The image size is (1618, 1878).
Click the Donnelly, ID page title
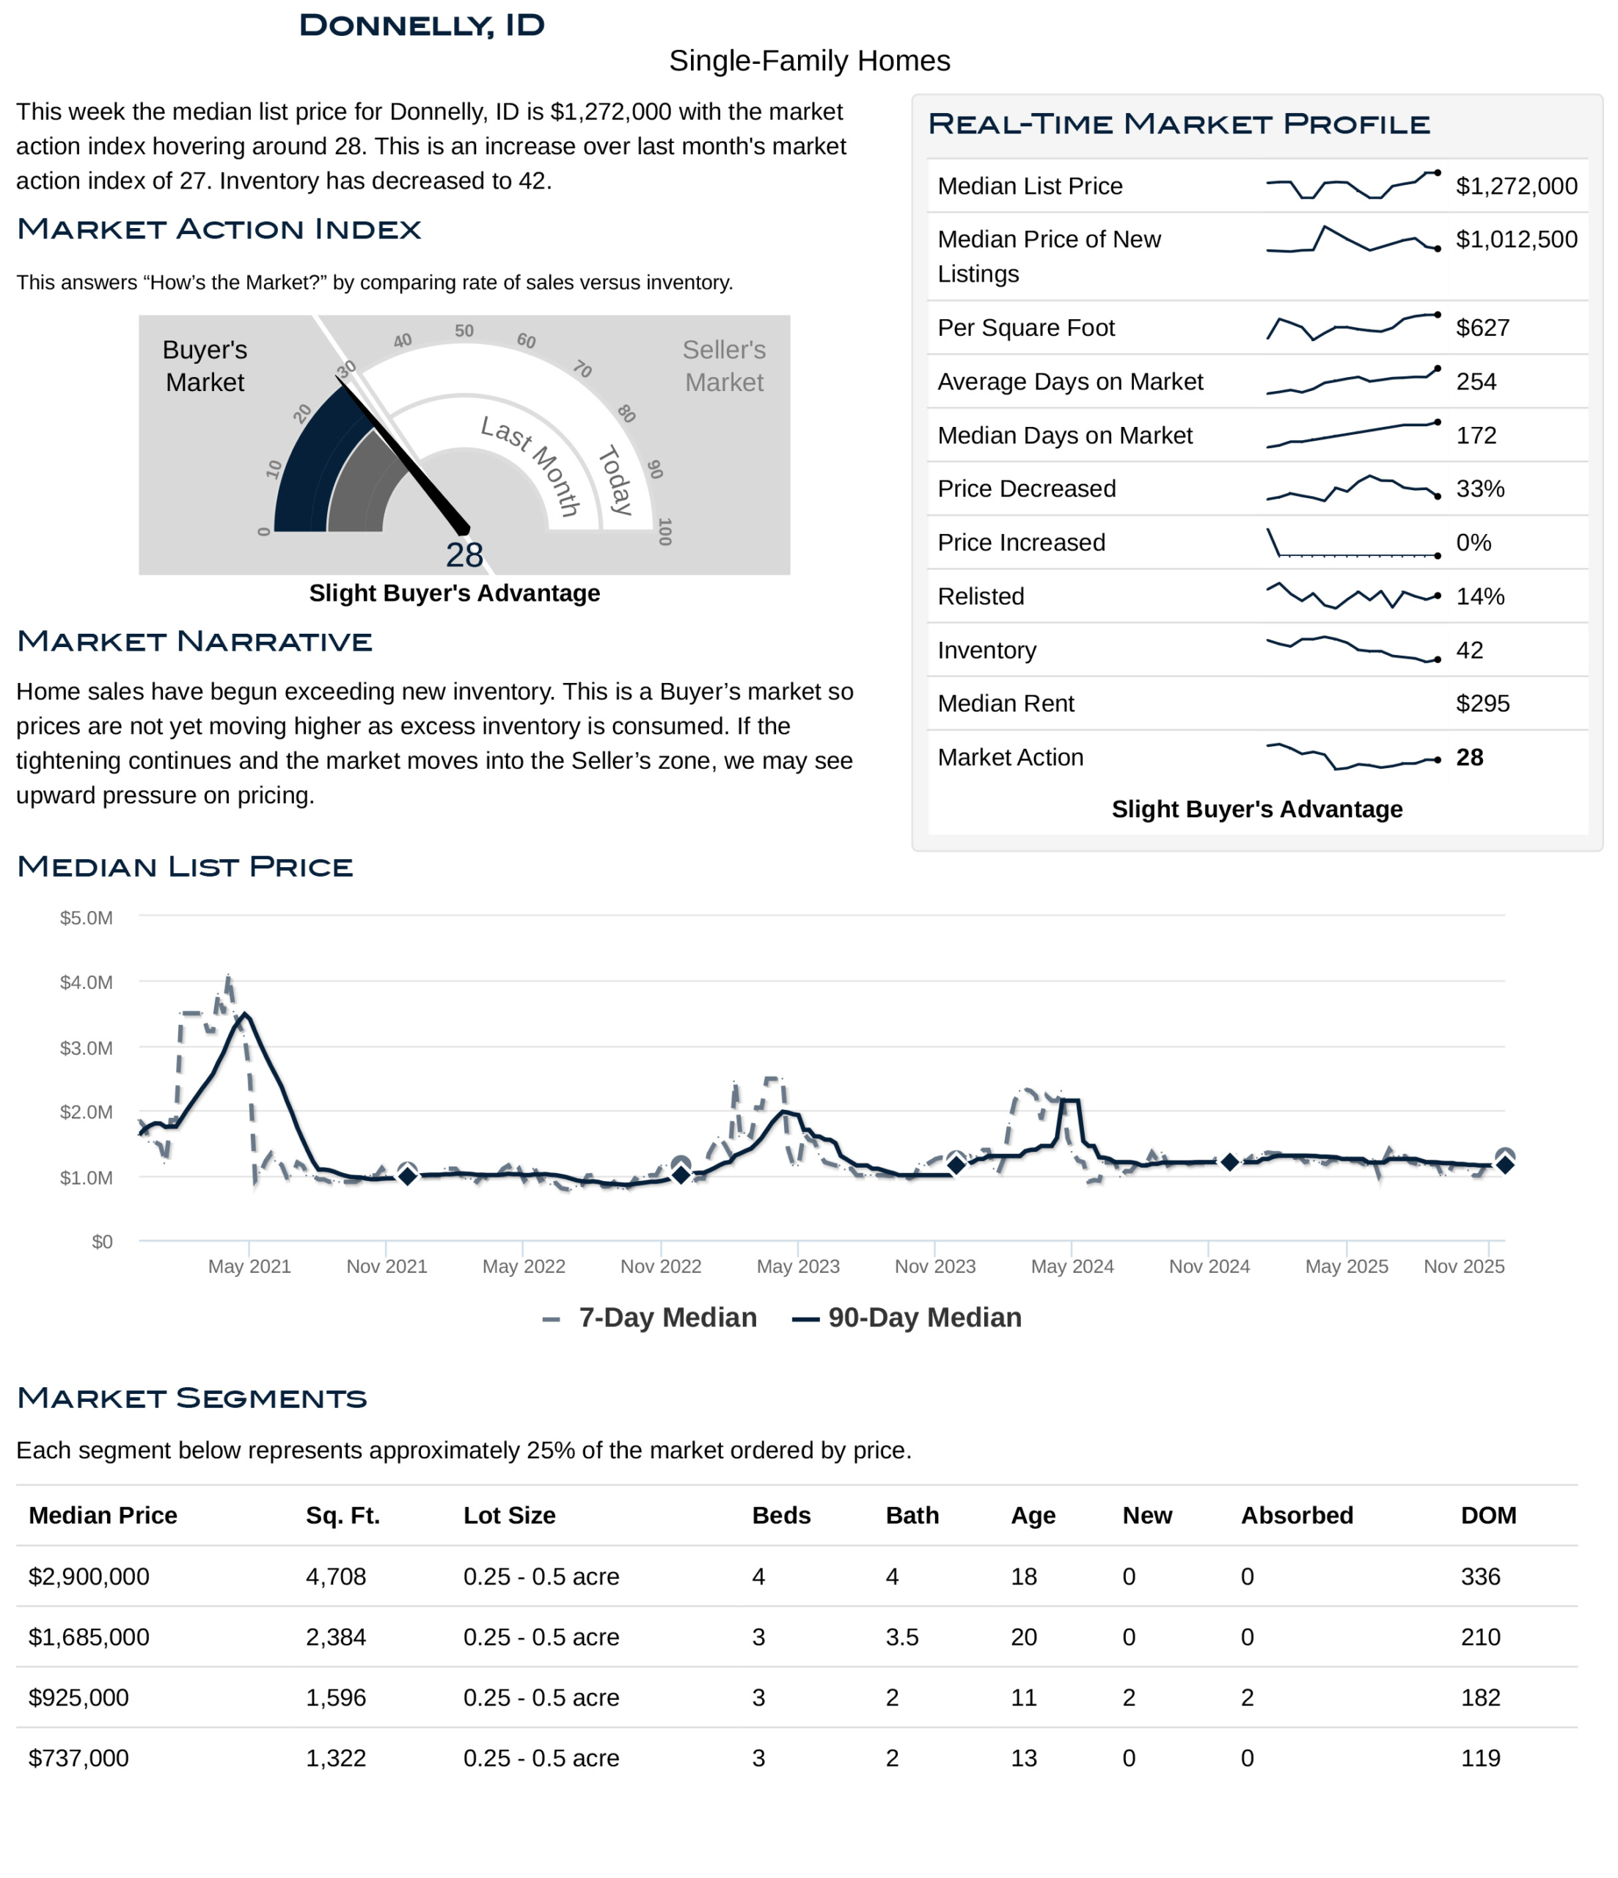pos(422,26)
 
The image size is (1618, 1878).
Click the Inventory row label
pos(986,650)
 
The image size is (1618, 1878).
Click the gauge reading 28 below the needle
pos(464,555)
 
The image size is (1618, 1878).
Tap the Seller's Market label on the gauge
pos(723,365)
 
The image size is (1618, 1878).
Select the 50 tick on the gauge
pos(464,331)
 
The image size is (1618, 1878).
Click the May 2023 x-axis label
pos(798,1266)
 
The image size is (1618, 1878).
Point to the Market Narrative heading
pos(195,641)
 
